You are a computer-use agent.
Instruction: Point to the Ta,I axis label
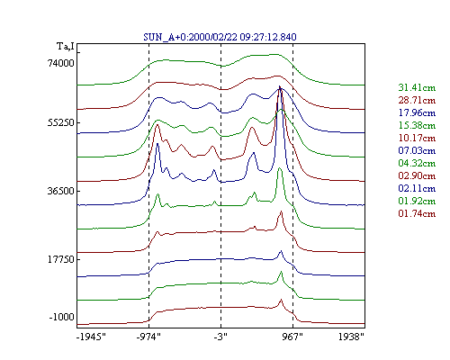[66, 47]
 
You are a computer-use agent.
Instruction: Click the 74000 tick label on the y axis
[61, 63]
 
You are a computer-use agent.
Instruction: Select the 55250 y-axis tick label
[61, 122]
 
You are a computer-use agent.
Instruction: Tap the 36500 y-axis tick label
[61, 191]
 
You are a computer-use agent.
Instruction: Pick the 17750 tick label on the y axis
[61, 259]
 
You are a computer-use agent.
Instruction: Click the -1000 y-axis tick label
[61, 317]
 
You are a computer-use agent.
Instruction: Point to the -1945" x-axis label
[91, 337]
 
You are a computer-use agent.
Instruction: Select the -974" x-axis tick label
[148, 337]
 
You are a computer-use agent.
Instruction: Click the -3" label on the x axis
[220, 337]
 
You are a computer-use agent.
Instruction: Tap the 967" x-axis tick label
[292, 337]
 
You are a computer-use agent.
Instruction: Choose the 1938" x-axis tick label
[351, 337]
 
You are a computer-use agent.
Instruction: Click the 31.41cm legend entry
[417, 87]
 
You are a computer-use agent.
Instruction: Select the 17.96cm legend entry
[417, 112]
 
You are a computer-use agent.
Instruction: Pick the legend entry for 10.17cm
[417, 138]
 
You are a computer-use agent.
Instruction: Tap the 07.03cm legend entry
[417, 150]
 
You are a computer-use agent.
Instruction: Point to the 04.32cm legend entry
[417, 163]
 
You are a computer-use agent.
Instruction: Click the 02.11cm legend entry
[417, 188]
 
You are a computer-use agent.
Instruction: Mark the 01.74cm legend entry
[417, 213]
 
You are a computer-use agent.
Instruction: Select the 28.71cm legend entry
[417, 100]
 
